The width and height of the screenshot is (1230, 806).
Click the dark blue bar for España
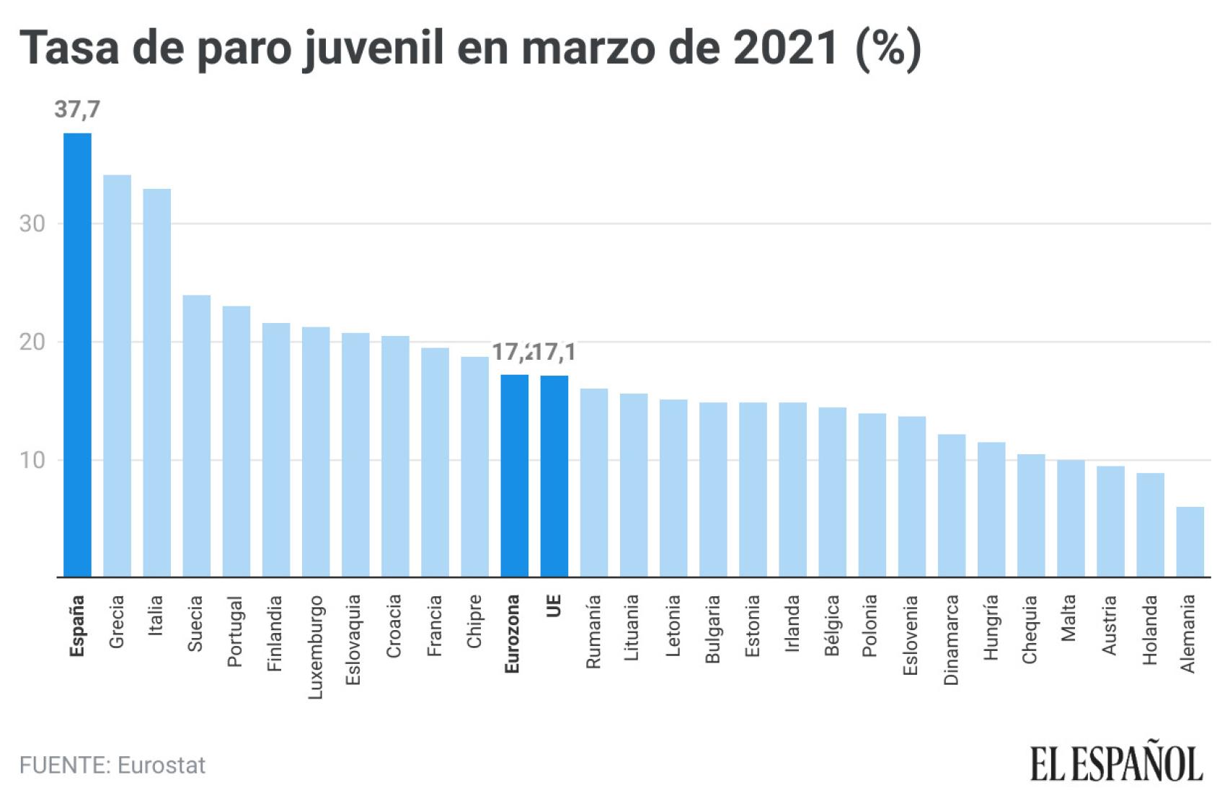77,355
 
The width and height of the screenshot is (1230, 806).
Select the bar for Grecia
117,376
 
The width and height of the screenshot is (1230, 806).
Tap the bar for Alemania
1190,541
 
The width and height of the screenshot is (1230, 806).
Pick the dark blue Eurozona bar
514,476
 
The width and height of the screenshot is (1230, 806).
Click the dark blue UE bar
554,476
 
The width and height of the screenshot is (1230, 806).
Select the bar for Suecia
196,435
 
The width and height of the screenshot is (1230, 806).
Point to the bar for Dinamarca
951,505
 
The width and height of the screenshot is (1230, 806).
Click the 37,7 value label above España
77,110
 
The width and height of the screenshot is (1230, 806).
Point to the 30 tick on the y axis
32,223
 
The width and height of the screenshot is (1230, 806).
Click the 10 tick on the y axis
32,460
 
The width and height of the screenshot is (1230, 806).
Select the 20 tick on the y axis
32,342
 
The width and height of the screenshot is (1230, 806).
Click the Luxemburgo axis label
315,647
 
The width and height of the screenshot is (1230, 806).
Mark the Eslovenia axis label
911,634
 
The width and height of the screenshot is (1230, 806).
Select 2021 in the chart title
785,48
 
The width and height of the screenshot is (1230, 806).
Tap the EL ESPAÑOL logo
1116,764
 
